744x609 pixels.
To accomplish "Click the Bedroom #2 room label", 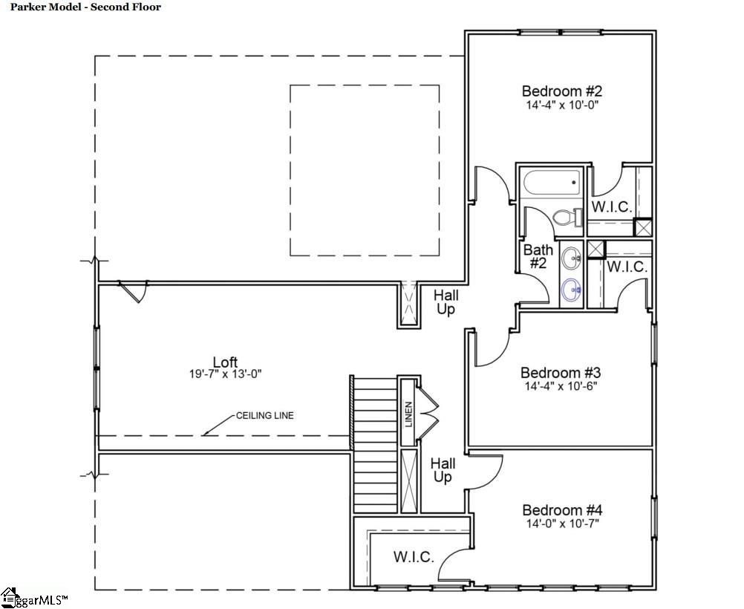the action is tap(562, 91).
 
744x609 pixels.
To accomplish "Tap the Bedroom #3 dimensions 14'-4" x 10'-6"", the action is tap(561, 386).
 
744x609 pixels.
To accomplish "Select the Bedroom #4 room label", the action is tap(562, 510).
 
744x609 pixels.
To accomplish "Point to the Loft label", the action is tap(225, 362).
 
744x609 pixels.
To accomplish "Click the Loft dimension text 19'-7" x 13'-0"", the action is tap(226, 374).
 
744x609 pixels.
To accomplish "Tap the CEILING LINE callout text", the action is tap(265, 415).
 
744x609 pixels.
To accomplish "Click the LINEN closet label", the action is tap(408, 414).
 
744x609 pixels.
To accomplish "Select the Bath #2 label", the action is tap(538, 256).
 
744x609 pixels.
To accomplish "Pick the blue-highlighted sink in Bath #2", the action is tap(572, 289).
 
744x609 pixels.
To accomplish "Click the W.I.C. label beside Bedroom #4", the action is tap(414, 557).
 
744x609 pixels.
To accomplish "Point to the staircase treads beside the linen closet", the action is tap(375, 445).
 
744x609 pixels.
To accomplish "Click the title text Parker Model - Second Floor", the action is tap(85, 7).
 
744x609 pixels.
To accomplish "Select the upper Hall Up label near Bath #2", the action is tap(446, 302).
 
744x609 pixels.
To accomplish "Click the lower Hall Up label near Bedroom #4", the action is tap(443, 470).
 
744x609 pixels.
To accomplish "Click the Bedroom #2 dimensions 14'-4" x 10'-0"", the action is tap(562, 105).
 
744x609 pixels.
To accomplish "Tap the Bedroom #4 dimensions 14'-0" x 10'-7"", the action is tap(562, 524).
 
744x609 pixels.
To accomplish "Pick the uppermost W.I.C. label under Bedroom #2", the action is tap(612, 207).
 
